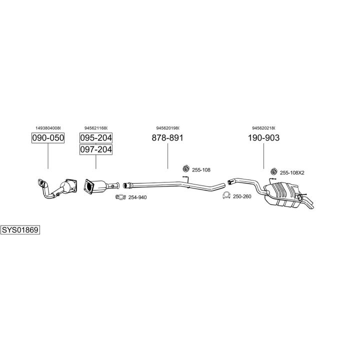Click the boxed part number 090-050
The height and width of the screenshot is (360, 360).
pyautogui.click(x=48, y=138)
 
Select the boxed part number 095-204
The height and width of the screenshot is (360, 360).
pyautogui.click(x=96, y=138)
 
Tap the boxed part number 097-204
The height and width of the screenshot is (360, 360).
pyautogui.click(x=96, y=149)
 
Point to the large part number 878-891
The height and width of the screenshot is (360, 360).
pyautogui.click(x=167, y=138)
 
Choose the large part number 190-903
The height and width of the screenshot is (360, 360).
pyautogui.click(x=263, y=138)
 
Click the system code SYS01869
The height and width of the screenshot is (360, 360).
pyautogui.click(x=20, y=230)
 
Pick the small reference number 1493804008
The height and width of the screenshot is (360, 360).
pyautogui.click(x=48, y=127)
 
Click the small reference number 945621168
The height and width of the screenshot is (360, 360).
pyautogui.click(x=96, y=127)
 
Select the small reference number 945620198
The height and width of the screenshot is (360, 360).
pyautogui.click(x=167, y=127)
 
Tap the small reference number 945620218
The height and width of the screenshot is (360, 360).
pyautogui.click(x=263, y=127)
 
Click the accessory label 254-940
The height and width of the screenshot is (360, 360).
pyautogui.click(x=137, y=197)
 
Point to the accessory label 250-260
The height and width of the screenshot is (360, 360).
pyautogui.click(x=242, y=196)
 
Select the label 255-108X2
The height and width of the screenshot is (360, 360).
pyautogui.click(x=292, y=172)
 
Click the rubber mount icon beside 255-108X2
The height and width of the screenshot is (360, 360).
pyautogui.click(x=273, y=171)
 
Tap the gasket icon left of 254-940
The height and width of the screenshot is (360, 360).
pyautogui.click(x=121, y=197)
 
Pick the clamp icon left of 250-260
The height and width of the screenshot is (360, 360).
pyautogui.click(x=226, y=195)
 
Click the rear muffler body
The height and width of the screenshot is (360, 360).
pyautogui.click(x=283, y=194)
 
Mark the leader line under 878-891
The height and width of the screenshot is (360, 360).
pyautogui.click(x=167, y=156)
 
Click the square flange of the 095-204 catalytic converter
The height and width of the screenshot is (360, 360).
pyautogui.click(x=89, y=186)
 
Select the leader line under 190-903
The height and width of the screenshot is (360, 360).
pyautogui.click(x=263, y=156)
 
